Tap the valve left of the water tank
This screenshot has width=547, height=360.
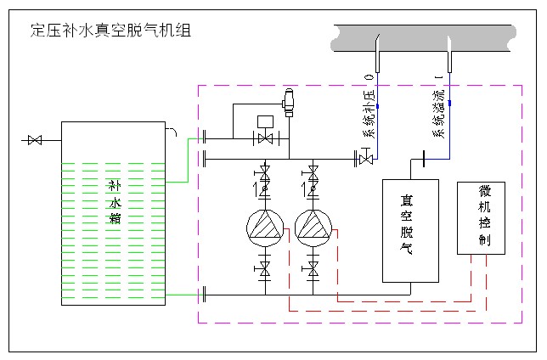click(35, 139)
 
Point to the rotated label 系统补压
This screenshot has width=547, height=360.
click(369, 117)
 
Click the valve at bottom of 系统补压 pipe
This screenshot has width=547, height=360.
click(365, 157)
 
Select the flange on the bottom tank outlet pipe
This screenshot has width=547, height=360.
click(205, 295)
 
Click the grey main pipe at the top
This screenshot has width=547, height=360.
click(425, 35)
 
